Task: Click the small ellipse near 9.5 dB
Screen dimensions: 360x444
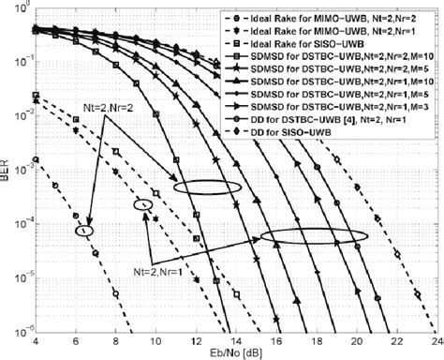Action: coord(144,204)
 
